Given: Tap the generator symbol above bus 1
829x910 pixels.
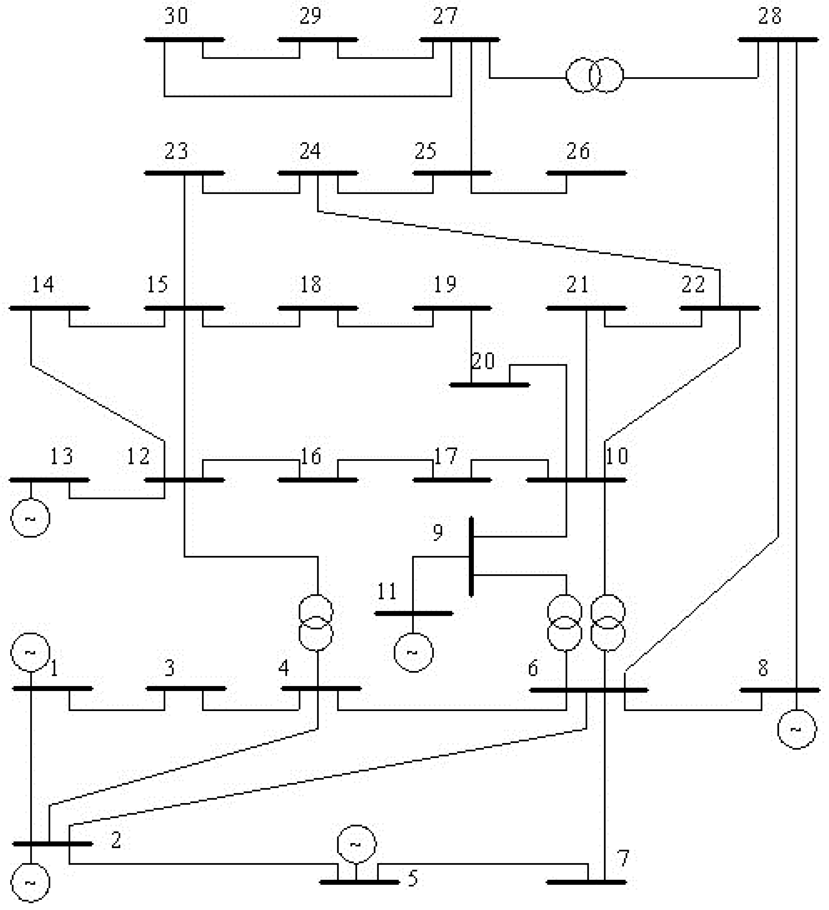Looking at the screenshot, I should coord(30,652).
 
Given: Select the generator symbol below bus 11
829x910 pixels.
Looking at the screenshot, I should coord(413,652).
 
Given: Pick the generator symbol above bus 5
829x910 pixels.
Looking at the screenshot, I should coord(356,844).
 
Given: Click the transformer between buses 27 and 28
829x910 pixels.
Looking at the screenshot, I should coord(595,75).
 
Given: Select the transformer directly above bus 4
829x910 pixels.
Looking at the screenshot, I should coord(316,623).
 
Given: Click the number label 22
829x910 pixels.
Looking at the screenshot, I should coord(693,284).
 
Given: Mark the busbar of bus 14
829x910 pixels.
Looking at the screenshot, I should coord(50,308).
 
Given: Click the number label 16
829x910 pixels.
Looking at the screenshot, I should coord(311,456).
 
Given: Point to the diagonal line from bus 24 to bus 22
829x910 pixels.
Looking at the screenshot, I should coord(519,241).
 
